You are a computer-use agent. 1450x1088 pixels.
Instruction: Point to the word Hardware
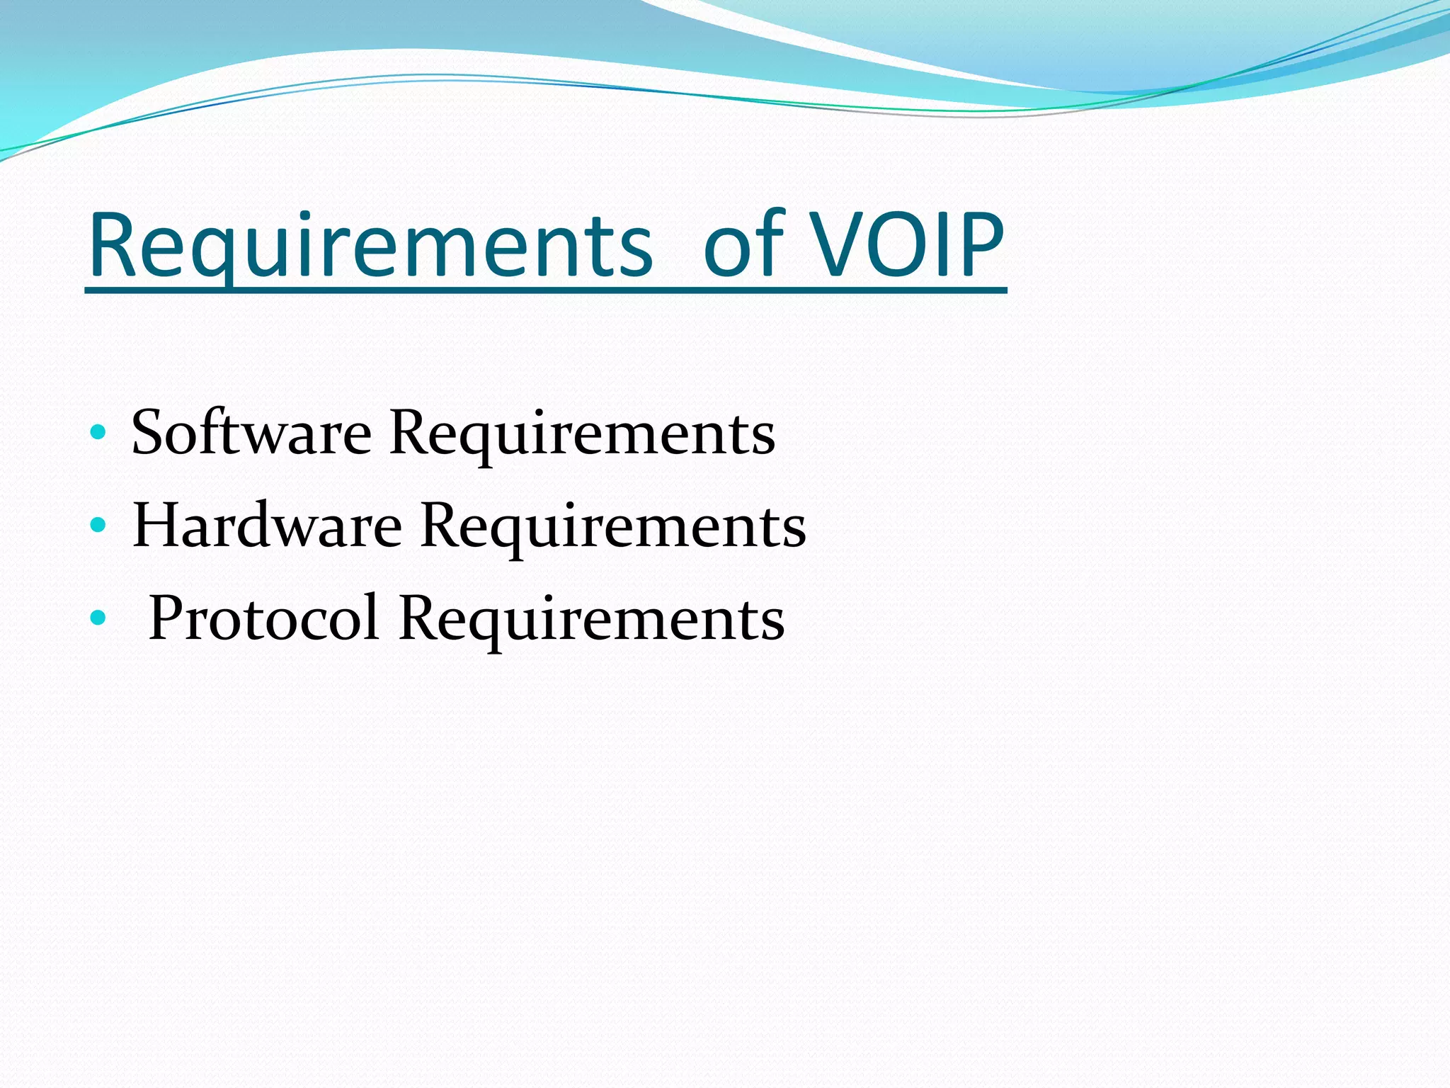[267, 525]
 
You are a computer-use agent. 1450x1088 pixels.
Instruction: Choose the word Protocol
[263, 618]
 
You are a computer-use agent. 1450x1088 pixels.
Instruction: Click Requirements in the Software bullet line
[582, 433]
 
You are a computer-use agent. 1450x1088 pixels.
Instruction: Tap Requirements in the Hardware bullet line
[612, 526]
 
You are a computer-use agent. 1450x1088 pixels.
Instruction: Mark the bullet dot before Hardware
[98, 525]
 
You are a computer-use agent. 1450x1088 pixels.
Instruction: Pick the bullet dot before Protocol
[98, 618]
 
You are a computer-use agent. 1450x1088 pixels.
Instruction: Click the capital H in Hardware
[159, 525]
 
